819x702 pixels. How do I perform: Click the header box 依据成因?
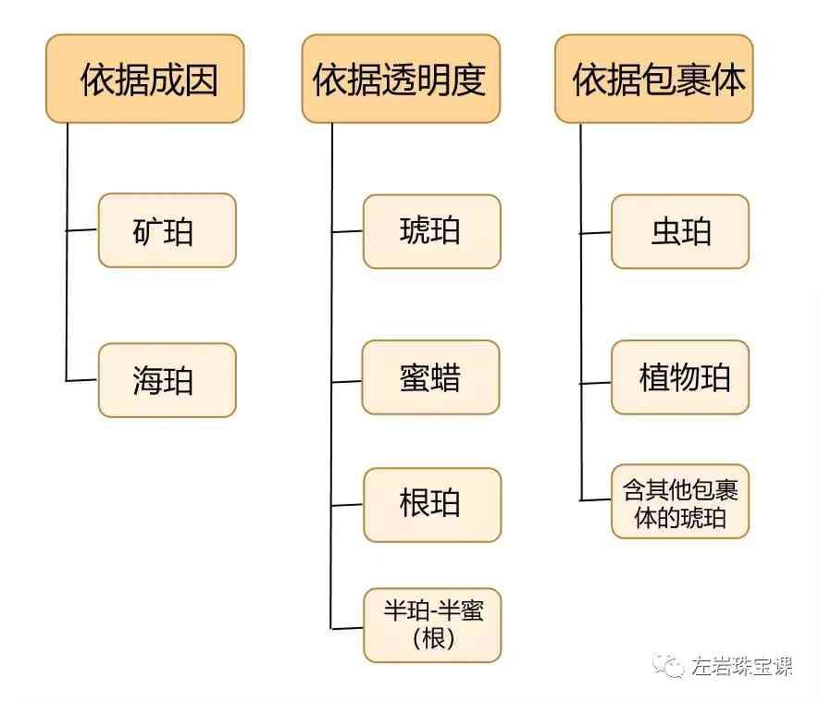click(x=145, y=80)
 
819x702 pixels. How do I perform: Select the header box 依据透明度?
click(x=401, y=80)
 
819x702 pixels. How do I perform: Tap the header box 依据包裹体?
click(x=654, y=80)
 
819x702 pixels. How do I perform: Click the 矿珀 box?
click(x=167, y=230)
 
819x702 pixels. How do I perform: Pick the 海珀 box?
click(x=167, y=380)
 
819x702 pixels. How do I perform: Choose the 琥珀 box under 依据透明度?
click(x=431, y=231)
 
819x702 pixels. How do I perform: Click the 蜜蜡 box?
click(x=431, y=378)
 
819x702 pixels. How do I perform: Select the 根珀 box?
click(x=431, y=505)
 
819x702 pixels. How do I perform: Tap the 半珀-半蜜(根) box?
click(x=431, y=624)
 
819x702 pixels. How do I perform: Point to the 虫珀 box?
click(x=680, y=231)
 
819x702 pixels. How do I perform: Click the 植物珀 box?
click(x=680, y=377)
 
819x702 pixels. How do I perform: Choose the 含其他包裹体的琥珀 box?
click(x=680, y=502)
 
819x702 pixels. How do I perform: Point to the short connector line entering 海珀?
click(x=82, y=380)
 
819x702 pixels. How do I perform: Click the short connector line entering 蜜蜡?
click(x=347, y=380)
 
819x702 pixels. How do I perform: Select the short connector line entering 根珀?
click(x=347, y=505)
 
